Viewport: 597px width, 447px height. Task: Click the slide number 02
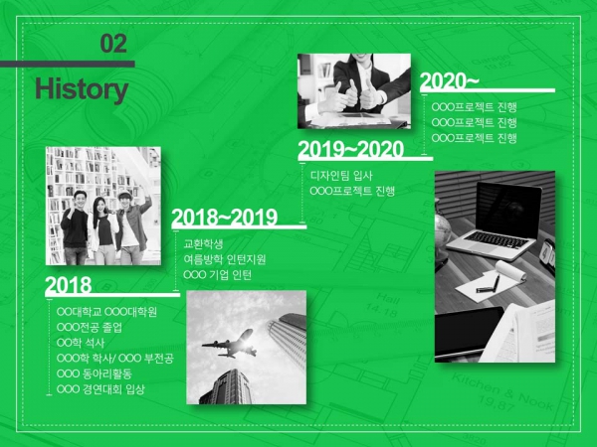click(113, 44)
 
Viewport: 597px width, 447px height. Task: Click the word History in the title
click(82, 89)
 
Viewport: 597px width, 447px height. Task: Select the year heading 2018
click(69, 285)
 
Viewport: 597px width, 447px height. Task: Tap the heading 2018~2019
click(225, 218)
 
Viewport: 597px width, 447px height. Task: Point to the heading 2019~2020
click(350, 149)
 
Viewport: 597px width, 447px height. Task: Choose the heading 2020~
click(450, 81)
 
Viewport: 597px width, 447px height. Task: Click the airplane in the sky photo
click(230, 345)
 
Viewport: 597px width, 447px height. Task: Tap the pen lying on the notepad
click(489, 286)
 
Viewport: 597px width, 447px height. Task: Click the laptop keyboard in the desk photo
click(495, 240)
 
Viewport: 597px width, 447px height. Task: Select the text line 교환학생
click(203, 243)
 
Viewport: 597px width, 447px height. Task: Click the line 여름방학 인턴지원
click(225, 259)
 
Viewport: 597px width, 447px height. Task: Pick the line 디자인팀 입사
click(341, 176)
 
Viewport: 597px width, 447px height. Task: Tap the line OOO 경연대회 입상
click(100, 389)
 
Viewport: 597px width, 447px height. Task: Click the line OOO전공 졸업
click(90, 327)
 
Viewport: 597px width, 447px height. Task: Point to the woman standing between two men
click(101, 230)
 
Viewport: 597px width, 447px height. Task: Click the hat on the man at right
click(125, 195)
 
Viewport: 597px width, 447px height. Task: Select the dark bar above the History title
click(68, 64)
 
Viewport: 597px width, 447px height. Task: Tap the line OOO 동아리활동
click(95, 373)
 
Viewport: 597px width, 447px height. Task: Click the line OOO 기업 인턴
click(217, 274)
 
